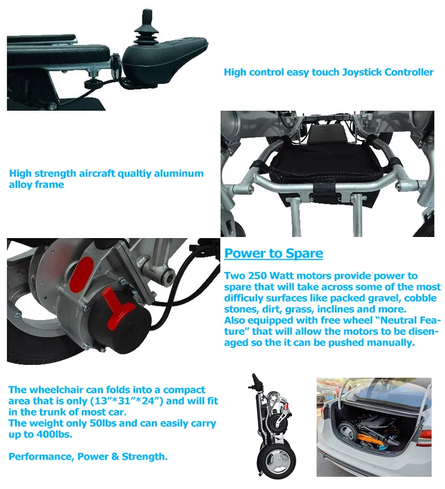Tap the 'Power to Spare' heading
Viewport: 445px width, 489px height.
pyautogui.click(x=274, y=253)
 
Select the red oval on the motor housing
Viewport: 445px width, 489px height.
pyautogui.click(x=82, y=272)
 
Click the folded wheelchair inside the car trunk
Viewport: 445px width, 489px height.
pyautogui.click(x=368, y=430)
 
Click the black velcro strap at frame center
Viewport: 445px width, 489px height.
pyautogui.click(x=324, y=189)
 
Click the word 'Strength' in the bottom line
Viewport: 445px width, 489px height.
pyautogui.click(x=145, y=457)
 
